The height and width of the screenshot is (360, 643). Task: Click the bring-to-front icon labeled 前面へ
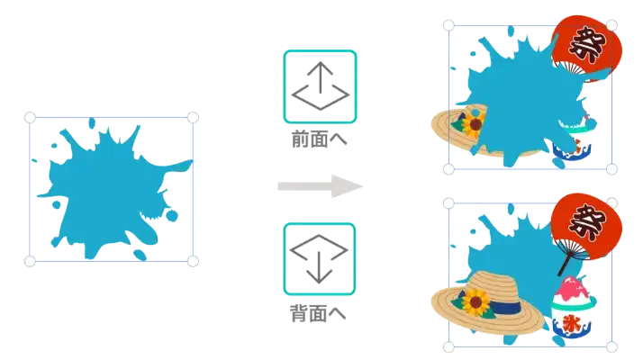click(x=321, y=86)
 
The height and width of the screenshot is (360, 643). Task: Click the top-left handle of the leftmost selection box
click(x=30, y=118)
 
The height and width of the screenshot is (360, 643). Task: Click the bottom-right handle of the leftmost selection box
click(x=192, y=261)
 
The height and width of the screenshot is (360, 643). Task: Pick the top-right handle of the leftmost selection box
click(x=192, y=118)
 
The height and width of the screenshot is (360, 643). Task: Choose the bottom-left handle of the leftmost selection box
click(x=30, y=261)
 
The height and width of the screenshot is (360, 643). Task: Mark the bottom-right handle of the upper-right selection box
click(x=612, y=168)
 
